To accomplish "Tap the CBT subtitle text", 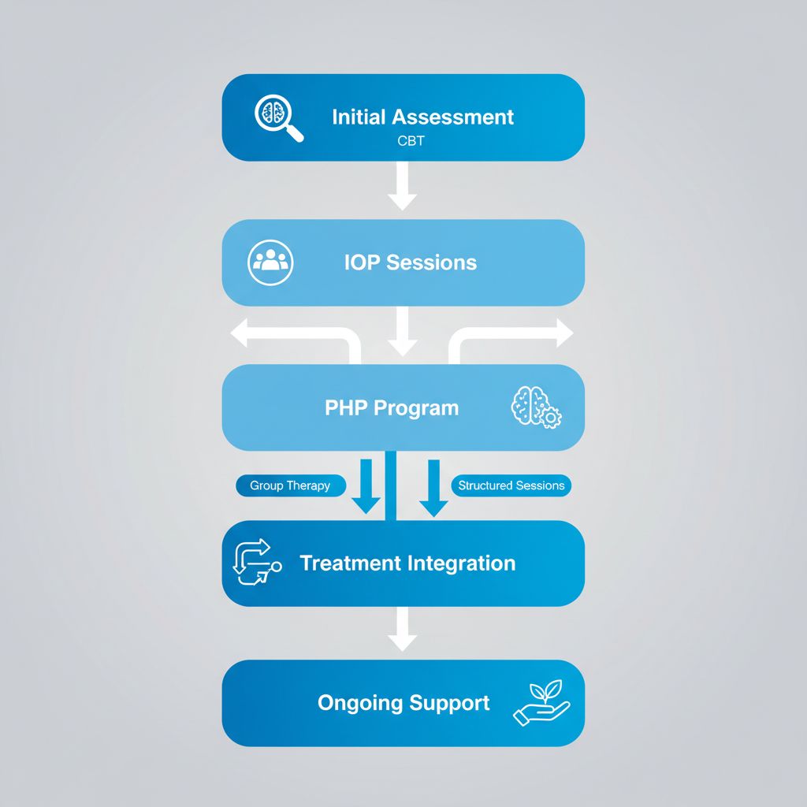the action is (411, 141).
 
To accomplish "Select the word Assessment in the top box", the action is (452, 117).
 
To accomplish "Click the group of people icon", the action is (270, 262).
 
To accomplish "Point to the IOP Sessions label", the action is (410, 262).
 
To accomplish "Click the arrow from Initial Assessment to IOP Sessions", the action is (403, 186).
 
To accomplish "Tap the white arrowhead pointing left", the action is (239, 333).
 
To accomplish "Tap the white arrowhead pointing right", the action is (565, 333).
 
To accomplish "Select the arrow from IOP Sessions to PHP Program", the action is (403, 332).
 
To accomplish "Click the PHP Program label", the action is (392, 407).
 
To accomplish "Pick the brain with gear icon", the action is (536, 407).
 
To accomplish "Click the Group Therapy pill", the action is (291, 485).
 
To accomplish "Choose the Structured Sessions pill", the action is (511, 485).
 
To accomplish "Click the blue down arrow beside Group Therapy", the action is (366, 486).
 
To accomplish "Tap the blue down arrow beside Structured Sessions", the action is (434, 488).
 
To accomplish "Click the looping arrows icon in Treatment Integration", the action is (257, 562).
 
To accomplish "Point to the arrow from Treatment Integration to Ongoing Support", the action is (403, 629).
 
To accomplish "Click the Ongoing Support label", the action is (403, 703).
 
